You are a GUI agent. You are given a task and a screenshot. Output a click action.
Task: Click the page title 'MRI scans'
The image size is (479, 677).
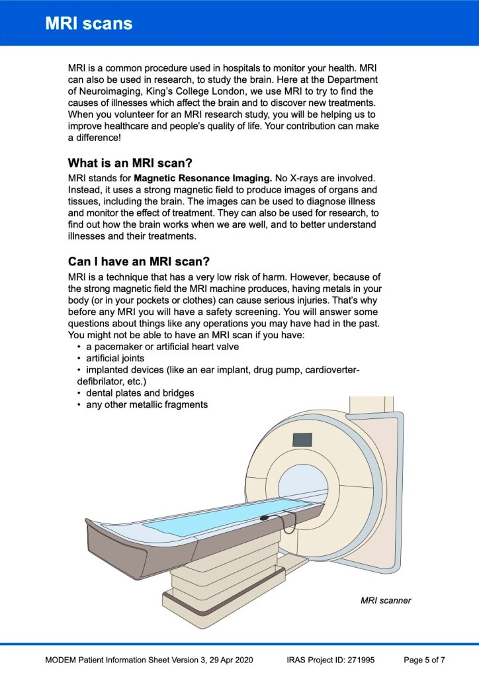89,24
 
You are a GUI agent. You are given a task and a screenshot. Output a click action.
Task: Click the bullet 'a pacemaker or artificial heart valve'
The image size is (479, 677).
162,347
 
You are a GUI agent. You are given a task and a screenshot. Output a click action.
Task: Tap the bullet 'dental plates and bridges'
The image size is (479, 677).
140,393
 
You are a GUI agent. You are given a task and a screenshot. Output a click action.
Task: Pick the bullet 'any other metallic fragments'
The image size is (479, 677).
146,404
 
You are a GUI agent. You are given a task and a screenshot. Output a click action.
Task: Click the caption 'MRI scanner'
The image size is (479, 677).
386,600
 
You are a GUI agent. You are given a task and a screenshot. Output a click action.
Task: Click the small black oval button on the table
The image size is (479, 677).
265,518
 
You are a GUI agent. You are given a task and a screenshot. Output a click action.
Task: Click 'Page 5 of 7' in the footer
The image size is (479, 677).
424,660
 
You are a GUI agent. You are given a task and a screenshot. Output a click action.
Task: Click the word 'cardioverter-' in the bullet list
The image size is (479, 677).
329,370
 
